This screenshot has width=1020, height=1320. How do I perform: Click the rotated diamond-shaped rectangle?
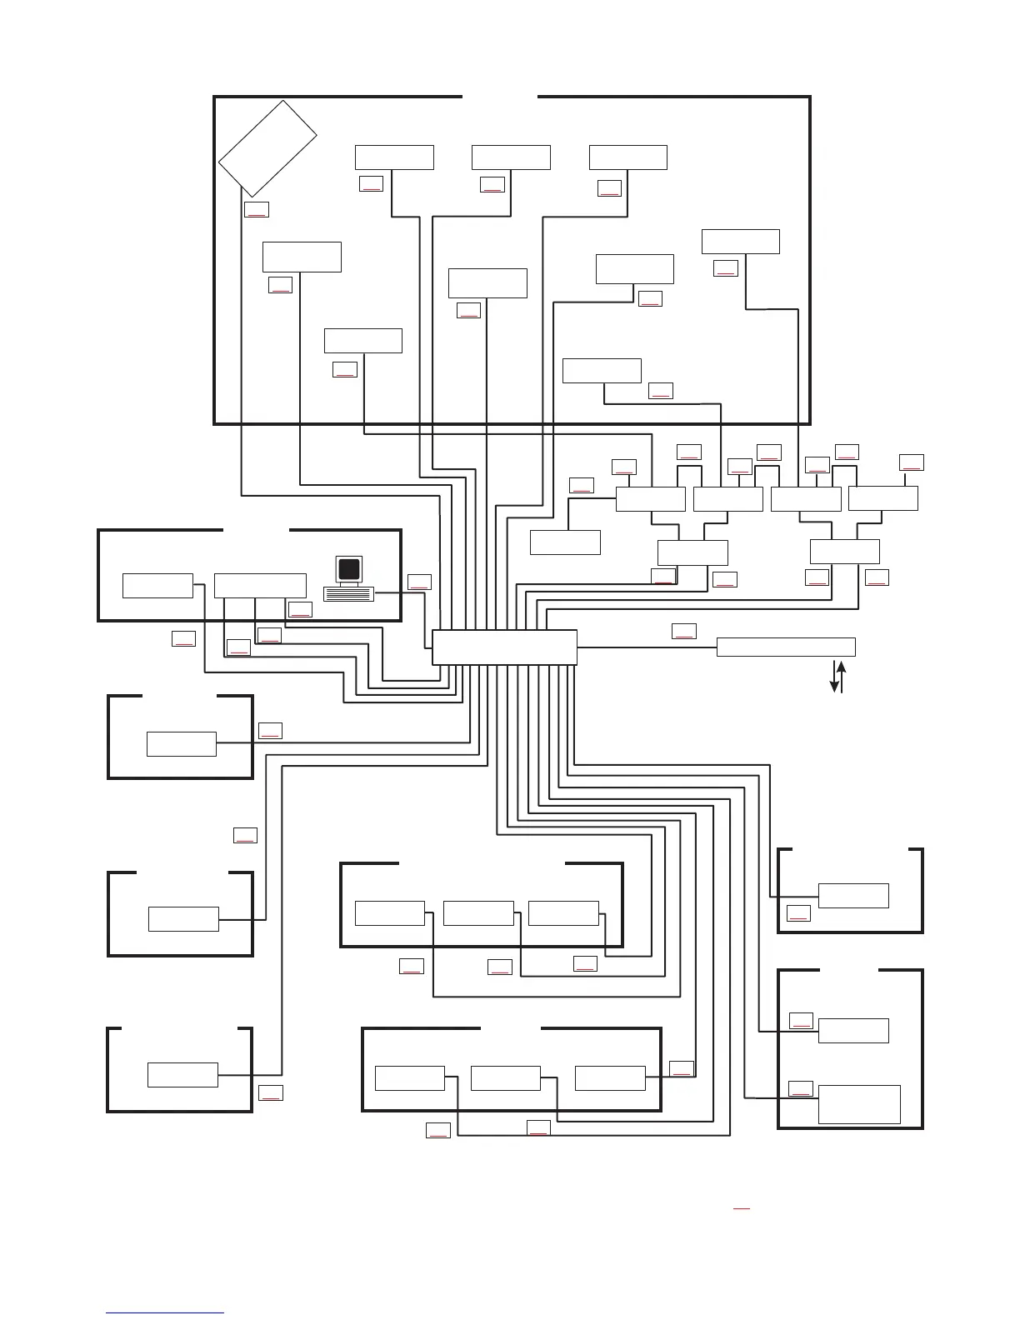pyautogui.click(x=267, y=148)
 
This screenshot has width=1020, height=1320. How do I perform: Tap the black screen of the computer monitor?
pyautogui.click(x=350, y=569)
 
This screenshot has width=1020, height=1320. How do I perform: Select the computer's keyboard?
pyautogui.click(x=348, y=593)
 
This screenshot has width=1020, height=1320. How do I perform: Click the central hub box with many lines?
pyautogui.click(x=504, y=647)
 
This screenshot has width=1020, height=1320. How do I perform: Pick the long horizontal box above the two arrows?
pyautogui.click(x=786, y=647)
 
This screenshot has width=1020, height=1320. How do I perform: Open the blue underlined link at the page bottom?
pyautogui.click(x=165, y=1312)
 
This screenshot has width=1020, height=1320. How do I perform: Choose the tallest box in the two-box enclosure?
pyautogui.click(x=859, y=1104)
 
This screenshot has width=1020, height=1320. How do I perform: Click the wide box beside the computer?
pyautogui.click(x=260, y=585)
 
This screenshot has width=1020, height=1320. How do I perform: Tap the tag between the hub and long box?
pyautogui.click(x=683, y=631)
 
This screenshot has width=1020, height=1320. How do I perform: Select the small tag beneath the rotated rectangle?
pyautogui.click(x=256, y=209)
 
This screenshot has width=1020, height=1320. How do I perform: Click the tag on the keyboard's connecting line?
pyautogui.click(x=419, y=582)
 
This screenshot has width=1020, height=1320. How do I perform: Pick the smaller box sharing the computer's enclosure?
pyautogui.click(x=157, y=585)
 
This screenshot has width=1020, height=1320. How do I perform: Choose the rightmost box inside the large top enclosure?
pyautogui.click(x=740, y=241)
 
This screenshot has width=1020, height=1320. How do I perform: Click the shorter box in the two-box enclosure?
pyautogui.click(x=853, y=1031)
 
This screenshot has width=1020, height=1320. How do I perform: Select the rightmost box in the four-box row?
pyautogui.click(x=882, y=498)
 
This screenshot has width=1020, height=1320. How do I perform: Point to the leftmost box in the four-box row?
pyautogui.click(x=650, y=498)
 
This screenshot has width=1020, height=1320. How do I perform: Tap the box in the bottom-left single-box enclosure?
pyautogui.click(x=182, y=1075)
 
